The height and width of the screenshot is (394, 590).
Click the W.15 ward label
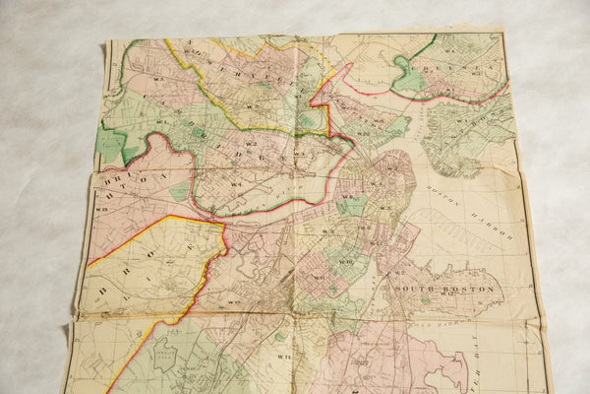234,301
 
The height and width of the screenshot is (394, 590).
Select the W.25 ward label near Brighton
101,209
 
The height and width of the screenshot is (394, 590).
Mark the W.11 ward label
317,277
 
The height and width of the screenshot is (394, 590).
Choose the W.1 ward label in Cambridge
237,182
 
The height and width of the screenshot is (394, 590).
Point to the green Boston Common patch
351,204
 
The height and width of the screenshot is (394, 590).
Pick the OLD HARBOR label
413,325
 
